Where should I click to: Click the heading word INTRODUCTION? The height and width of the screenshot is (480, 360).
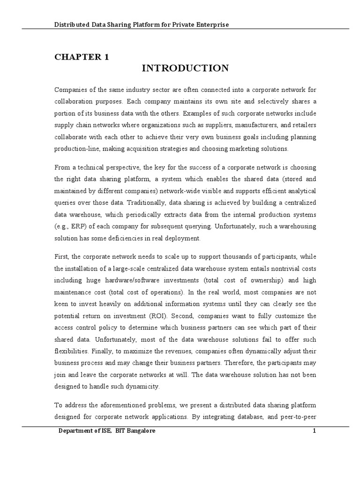pos(185,68)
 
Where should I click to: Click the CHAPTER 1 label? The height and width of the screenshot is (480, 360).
pos(82,57)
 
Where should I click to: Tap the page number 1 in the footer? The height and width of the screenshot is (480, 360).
pos(315,432)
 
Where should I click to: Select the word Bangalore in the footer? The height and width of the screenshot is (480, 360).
pos(136,432)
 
